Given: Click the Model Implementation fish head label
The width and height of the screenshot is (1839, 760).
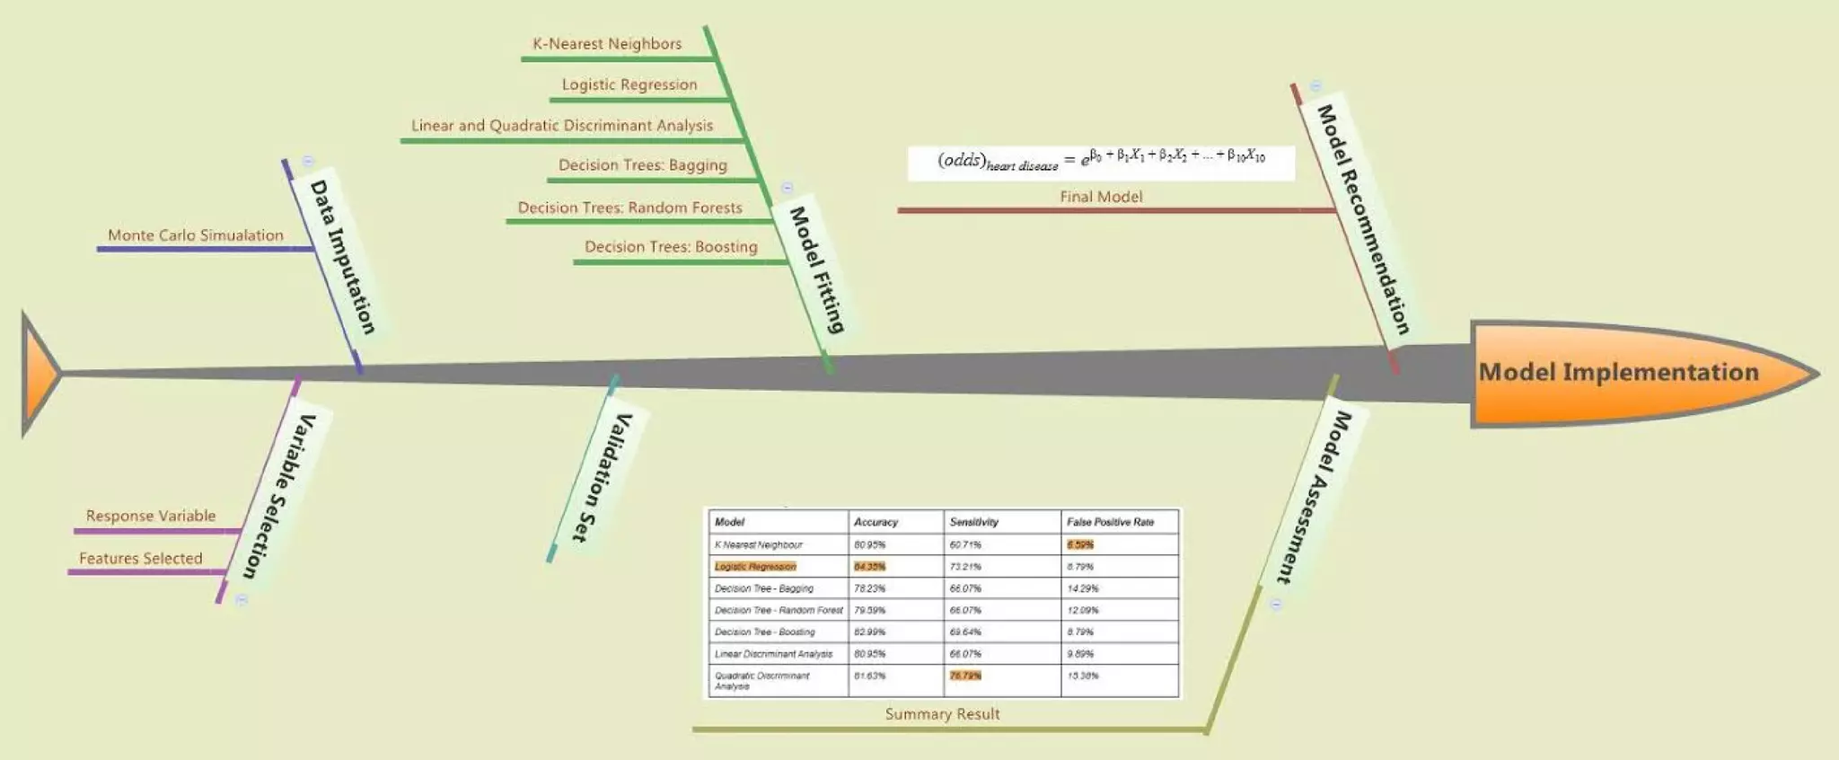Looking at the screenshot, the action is coord(1618,372).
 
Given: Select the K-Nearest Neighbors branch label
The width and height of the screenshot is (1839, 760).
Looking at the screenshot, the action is coord(607,43).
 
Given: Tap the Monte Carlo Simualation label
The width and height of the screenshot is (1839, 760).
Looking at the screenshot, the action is coord(196,235).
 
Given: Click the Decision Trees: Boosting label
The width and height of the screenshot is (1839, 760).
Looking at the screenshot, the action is coord(671,247).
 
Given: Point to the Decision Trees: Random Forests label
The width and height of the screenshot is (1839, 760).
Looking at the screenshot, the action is coord(629,208).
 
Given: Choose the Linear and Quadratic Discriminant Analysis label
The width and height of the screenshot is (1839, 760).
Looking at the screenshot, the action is coord(562,126).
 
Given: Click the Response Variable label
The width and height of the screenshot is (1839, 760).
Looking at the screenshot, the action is coord(151,516).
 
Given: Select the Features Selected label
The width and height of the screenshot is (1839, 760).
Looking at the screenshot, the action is coord(141,558).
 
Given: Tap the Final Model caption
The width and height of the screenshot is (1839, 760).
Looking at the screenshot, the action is coord(1101,197).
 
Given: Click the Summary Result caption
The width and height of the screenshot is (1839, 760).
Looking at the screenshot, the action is coord(942,714).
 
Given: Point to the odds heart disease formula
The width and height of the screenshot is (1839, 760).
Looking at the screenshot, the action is coord(1101,161).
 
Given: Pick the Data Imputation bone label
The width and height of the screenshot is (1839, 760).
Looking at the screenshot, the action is coord(342,257).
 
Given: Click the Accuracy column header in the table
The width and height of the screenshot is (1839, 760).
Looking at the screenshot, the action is coord(876,522).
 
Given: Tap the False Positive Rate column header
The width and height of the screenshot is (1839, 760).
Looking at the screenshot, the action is coord(1110,522).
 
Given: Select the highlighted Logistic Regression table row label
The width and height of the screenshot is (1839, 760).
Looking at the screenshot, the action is coord(755,567).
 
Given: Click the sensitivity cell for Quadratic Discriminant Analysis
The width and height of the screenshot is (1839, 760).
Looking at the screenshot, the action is coord(965,676).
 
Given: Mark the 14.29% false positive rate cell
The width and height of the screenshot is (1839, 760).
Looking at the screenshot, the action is coord(1082,588).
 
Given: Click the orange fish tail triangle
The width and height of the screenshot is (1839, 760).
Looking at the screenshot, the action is coord(39,374).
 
